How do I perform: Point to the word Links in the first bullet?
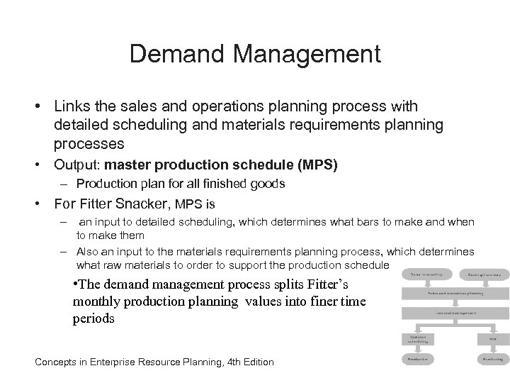point(69,106)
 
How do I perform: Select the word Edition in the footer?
point(253,362)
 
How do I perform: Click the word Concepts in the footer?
point(58,362)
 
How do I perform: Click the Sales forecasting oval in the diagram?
point(424,273)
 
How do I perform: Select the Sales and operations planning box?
point(454,292)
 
